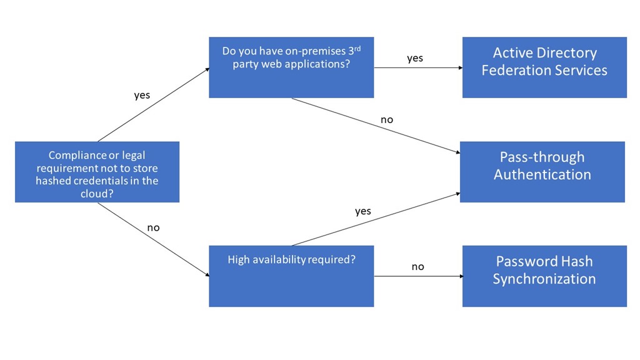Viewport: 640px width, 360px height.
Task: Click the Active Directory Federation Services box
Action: [x=544, y=67]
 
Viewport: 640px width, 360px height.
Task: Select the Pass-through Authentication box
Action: [x=542, y=171]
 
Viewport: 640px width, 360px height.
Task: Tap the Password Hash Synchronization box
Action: [x=544, y=276]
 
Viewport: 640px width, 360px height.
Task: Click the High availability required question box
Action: [x=291, y=276]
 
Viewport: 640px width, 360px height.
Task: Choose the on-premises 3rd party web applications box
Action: [x=291, y=67]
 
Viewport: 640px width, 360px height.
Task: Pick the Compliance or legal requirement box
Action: [x=97, y=171]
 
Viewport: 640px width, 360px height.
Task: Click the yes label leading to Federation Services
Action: [x=415, y=58]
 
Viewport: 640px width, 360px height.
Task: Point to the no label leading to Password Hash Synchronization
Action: [x=417, y=267]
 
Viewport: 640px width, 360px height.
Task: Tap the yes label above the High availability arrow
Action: [x=363, y=211]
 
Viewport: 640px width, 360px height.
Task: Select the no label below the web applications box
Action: [x=387, y=119]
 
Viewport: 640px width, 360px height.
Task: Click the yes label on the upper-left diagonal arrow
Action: [x=142, y=96]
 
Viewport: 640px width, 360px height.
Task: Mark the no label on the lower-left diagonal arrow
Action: [x=153, y=227]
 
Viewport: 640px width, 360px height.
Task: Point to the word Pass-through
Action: [x=542, y=157]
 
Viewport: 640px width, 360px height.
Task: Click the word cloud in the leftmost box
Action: [x=97, y=194]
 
